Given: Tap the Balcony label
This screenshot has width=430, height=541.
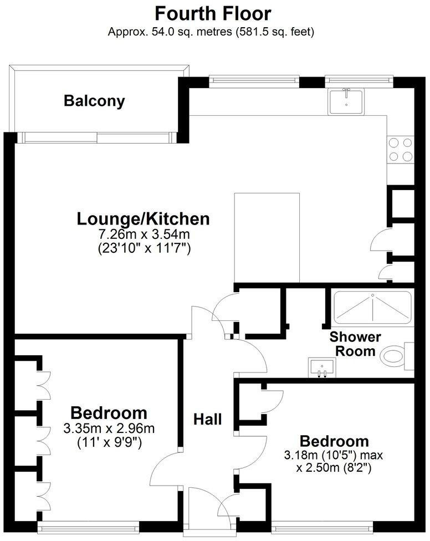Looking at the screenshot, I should [x=94, y=101].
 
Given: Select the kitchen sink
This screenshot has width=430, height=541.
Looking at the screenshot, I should [x=346, y=101].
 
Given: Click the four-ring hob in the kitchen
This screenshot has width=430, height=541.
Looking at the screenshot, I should [x=400, y=149].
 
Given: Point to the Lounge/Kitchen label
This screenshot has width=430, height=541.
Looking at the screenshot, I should [x=143, y=219].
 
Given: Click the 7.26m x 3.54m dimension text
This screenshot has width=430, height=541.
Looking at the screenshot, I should [x=143, y=235].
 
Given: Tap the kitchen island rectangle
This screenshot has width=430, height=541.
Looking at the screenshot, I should [x=267, y=238].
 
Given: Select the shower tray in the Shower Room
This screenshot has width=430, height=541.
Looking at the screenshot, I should [x=372, y=308].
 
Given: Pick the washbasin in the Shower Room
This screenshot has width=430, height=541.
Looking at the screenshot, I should [x=322, y=367].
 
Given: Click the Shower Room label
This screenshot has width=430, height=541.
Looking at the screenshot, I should [x=355, y=344].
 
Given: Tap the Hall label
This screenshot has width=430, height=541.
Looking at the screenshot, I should [x=207, y=419].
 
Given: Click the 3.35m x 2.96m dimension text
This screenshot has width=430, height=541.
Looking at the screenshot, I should [x=109, y=428].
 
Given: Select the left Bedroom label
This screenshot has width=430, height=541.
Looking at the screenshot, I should [x=109, y=413].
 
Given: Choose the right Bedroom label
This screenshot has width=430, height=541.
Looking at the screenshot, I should [x=334, y=441].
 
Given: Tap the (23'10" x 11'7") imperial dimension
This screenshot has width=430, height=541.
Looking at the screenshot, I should [x=143, y=249].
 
